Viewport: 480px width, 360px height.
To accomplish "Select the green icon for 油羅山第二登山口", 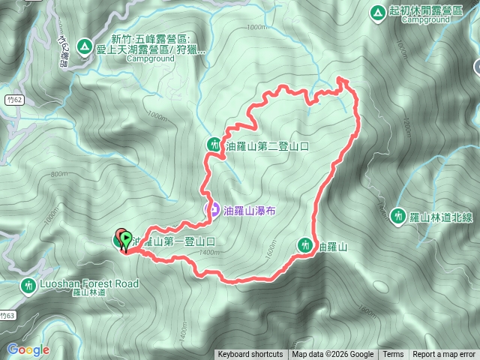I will tap(214, 144).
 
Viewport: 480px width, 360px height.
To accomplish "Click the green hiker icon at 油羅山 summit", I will tap(304, 244).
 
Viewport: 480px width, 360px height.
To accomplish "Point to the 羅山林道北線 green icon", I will tap(397, 216).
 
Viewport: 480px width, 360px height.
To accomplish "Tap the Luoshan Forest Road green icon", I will tap(28, 285).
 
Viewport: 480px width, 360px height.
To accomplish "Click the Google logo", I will tap(28, 349).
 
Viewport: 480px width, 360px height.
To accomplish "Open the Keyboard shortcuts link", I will tap(250, 355).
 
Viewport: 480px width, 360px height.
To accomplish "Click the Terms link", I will tap(393, 355).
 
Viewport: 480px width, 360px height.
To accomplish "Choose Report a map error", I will tap(444, 355).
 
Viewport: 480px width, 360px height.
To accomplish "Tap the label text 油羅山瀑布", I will tap(250, 212).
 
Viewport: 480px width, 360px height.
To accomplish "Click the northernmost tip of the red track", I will tap(341, 78).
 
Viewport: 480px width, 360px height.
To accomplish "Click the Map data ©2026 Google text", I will tap(333, 355).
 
